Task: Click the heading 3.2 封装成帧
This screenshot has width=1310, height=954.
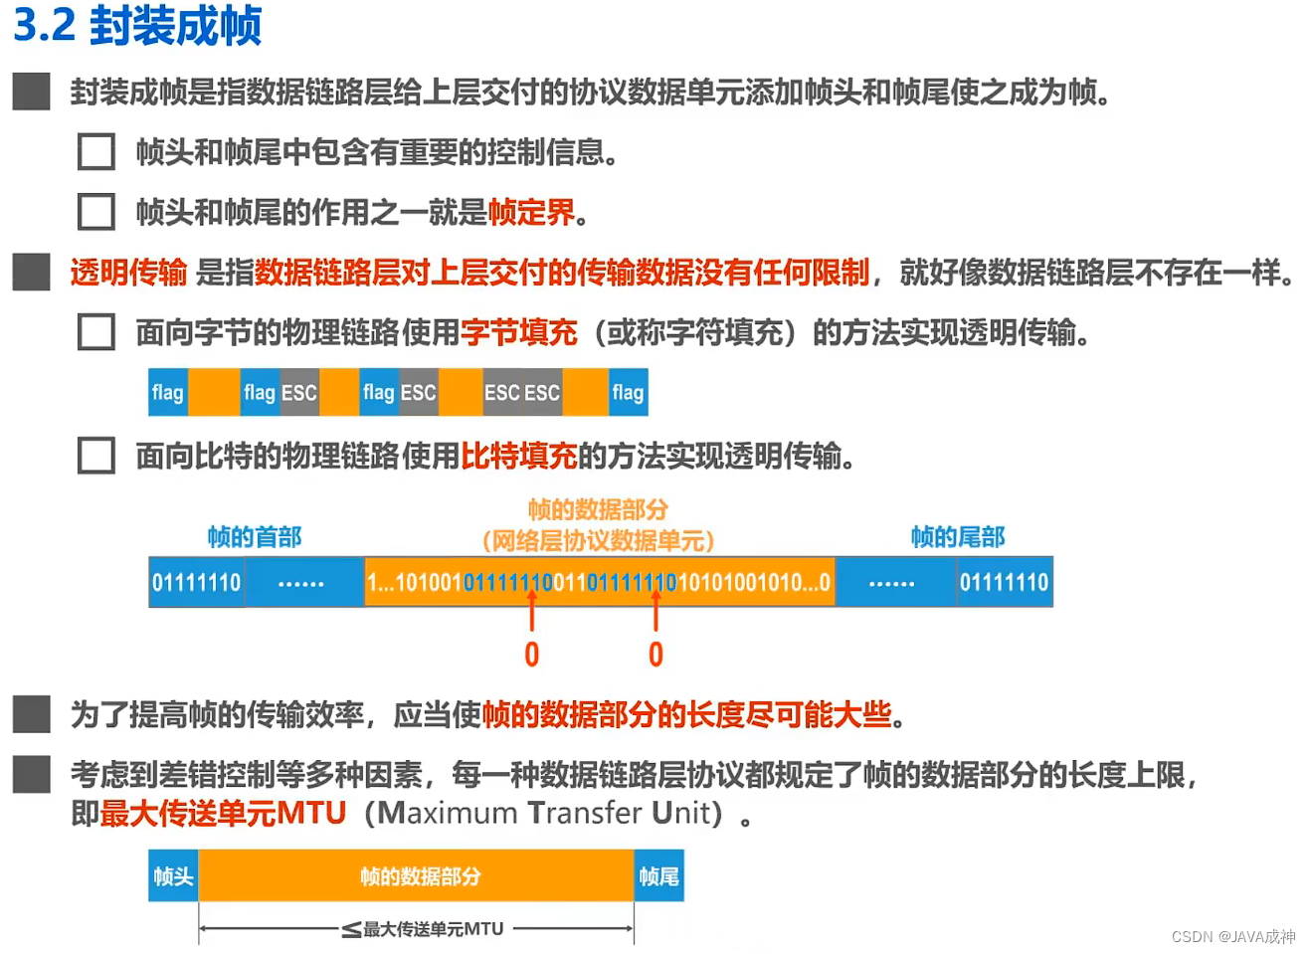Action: click(137, 25)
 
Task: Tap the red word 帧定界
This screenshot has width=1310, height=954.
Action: click(531, 212)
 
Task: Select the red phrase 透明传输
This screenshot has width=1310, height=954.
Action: click(128, 272)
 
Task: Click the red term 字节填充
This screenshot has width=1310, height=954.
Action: click(518, 332)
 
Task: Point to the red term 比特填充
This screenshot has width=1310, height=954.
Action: click(518, 456)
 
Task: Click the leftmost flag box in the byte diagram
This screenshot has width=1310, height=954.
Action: click(168, 392)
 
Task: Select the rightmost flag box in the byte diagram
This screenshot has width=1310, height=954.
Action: click(628, 392)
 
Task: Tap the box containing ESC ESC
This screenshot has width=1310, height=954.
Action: click(522, 392)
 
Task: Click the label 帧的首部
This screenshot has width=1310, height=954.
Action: click(255, 537)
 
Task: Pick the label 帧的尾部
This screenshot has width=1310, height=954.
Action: click(958, 537)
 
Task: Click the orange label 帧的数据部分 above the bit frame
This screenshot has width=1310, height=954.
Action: click(598, 510)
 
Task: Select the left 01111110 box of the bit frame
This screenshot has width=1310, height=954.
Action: click(197, 582)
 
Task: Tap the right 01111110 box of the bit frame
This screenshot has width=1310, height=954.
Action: click(1004, 582)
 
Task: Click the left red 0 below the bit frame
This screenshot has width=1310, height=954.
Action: click(532, 655)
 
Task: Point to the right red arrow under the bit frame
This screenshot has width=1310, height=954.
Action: click(655, 609)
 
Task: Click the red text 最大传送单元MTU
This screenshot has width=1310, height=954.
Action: click(223, 813)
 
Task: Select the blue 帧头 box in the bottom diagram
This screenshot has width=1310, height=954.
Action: click(173, 876)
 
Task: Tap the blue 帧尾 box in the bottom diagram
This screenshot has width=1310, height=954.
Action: click(658, 876)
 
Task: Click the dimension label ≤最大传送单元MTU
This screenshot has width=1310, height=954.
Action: click(424, 929)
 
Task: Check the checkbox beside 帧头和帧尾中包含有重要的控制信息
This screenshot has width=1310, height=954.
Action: click(96, 152)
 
